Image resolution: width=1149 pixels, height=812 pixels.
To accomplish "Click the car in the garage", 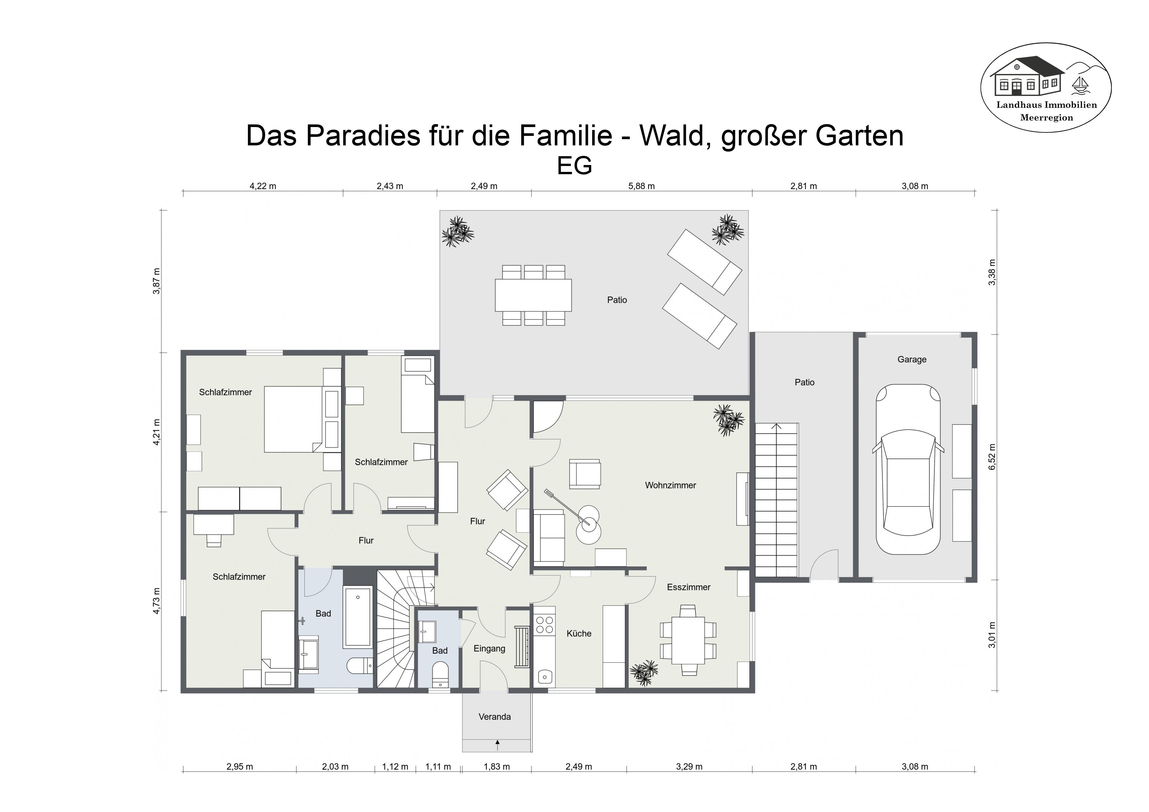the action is pyautogui.click(x=908, y=469).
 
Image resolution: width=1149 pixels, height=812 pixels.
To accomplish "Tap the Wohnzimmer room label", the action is pyautogui.click(x=670, y=485).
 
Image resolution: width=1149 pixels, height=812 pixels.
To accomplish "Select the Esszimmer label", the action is pyautogui.click(x=688, y=587).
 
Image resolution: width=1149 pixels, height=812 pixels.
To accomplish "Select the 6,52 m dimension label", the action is pyautogui.click(x=992, y=457).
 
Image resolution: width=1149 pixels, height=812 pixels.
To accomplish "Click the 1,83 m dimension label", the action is pyautogui.click(x=497, y=766).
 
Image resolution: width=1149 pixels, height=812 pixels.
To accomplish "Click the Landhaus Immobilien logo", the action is pyautogui.click(x=1046, y=87).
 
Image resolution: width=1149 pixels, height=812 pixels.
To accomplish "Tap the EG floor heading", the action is pyautogui.click(x=574, y=166).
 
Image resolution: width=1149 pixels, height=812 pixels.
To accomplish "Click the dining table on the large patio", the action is pyautogui.click(x=534, y=295).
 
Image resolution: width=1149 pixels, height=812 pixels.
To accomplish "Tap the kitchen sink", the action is pyautogui.click(x=544, y=677).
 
